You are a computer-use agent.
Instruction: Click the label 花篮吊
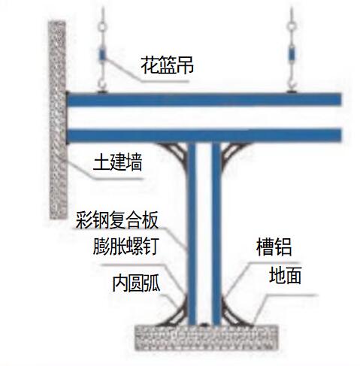pos(167,65)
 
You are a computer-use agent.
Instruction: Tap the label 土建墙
pos(117,162)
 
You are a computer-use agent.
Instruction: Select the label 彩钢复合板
pos(117,220)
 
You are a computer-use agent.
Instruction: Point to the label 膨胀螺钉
pos(126,247)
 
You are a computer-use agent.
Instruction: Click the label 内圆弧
pos(136,283)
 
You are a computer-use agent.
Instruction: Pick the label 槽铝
pos(274,247)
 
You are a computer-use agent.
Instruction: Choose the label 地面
pos(285,275)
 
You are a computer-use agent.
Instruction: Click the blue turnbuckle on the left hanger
pos(102,54)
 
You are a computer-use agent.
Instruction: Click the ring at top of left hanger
pos(102,26)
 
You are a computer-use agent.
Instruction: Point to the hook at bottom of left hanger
pos(102,85)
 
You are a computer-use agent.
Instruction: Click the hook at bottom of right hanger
pos(292,85)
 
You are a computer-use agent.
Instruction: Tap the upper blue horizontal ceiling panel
pos(204,99)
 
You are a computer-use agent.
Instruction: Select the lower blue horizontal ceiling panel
pos(204,135)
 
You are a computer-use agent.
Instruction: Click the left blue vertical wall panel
pos(192,234)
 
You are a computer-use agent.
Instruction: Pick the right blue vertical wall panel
pos(216,234)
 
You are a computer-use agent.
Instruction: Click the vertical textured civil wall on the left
pos(58,120)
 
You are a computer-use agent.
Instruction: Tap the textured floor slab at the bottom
pos(207,337)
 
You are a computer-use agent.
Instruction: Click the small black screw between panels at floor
pos(204,325)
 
